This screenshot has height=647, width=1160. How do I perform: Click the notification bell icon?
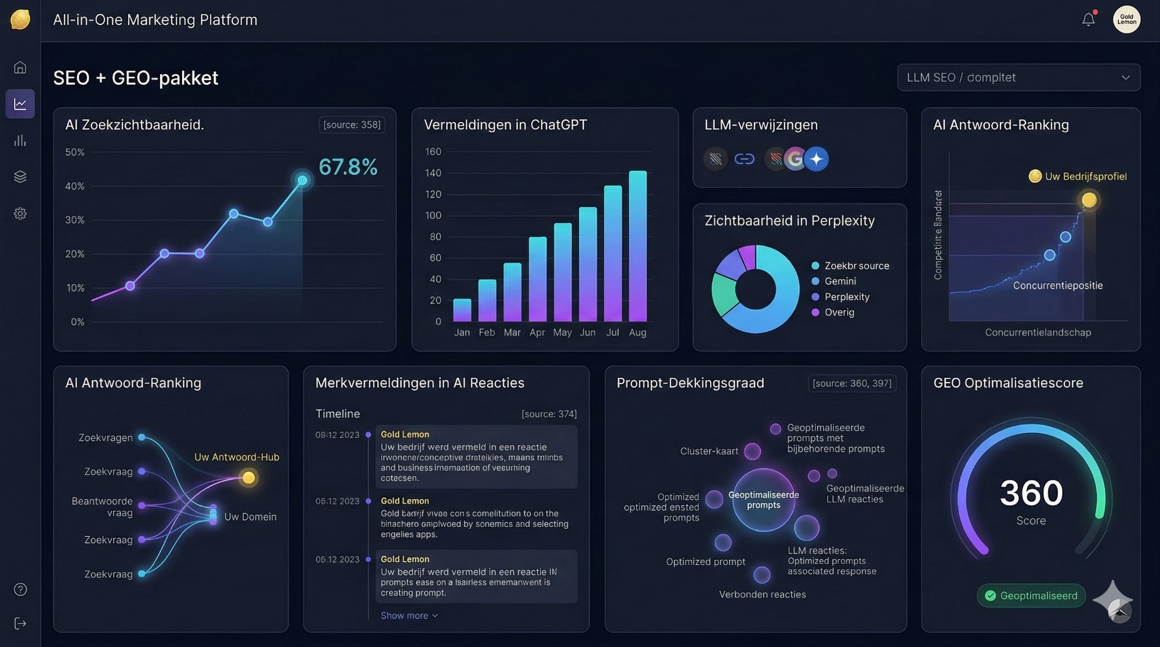1089,20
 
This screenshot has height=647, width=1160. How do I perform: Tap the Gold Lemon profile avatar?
1126,20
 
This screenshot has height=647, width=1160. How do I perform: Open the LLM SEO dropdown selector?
1018,78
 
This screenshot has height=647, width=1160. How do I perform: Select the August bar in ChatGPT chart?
637,246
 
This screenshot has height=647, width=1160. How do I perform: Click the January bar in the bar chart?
462,310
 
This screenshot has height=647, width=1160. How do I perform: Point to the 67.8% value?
348,167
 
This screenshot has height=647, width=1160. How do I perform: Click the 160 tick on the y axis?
433,152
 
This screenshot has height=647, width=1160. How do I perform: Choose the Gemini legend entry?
840,281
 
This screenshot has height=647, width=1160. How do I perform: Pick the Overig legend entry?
839,312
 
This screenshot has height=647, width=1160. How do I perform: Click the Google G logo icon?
795,159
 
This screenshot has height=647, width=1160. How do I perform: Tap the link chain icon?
744,159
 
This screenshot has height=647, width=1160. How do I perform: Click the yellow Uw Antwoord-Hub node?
249,478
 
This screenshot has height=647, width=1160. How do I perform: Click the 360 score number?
1031,493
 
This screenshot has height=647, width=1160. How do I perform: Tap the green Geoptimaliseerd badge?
1031,596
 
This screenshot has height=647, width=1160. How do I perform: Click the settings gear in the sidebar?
20,213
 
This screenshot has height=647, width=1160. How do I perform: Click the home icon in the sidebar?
20,67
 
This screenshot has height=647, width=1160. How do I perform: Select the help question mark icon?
20,590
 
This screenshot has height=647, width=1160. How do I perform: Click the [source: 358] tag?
351,125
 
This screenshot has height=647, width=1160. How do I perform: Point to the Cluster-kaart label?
709,452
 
